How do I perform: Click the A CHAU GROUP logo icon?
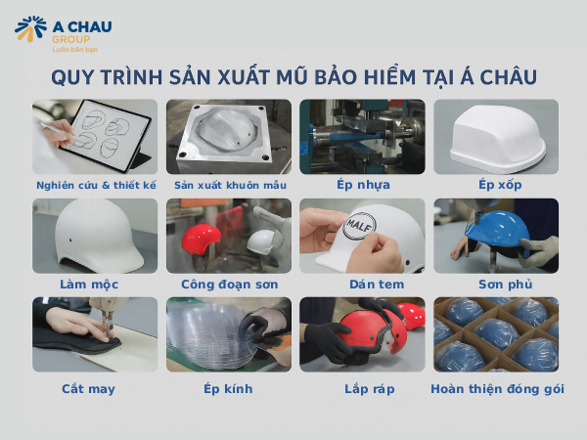pyautogui.click(x=30, y=29)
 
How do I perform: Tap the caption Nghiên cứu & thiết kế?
pyautogui.click(x=95, y=184)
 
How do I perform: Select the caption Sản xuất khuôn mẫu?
pyautogui.click(x=229, y=184)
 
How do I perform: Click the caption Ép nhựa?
pyautogui.click(x=362, y=184)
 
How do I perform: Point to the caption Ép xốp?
pyautogui.click(x=496, y=184)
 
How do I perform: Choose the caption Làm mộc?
pyautogui.click(x=95, y=285)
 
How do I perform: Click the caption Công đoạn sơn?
pyautogui.click(x=229, y=285)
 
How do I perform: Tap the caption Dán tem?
pyautogui.click(x=362, y=285)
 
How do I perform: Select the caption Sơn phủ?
pyautogui.click(x=496, y=285)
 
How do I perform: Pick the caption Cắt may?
pyautogui.click(x=95, y=388)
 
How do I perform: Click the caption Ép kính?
pyautogui.click(x=229, y=388)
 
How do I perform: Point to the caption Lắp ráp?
pyautogui.click(x=362, y=388)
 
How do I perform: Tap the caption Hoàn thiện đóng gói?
pyautogui.click(x=496, y=388)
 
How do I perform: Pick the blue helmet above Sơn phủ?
pyautogui.click(x=495, y=231)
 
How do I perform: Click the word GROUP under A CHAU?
pyautogui.click(x=66, y=39)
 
